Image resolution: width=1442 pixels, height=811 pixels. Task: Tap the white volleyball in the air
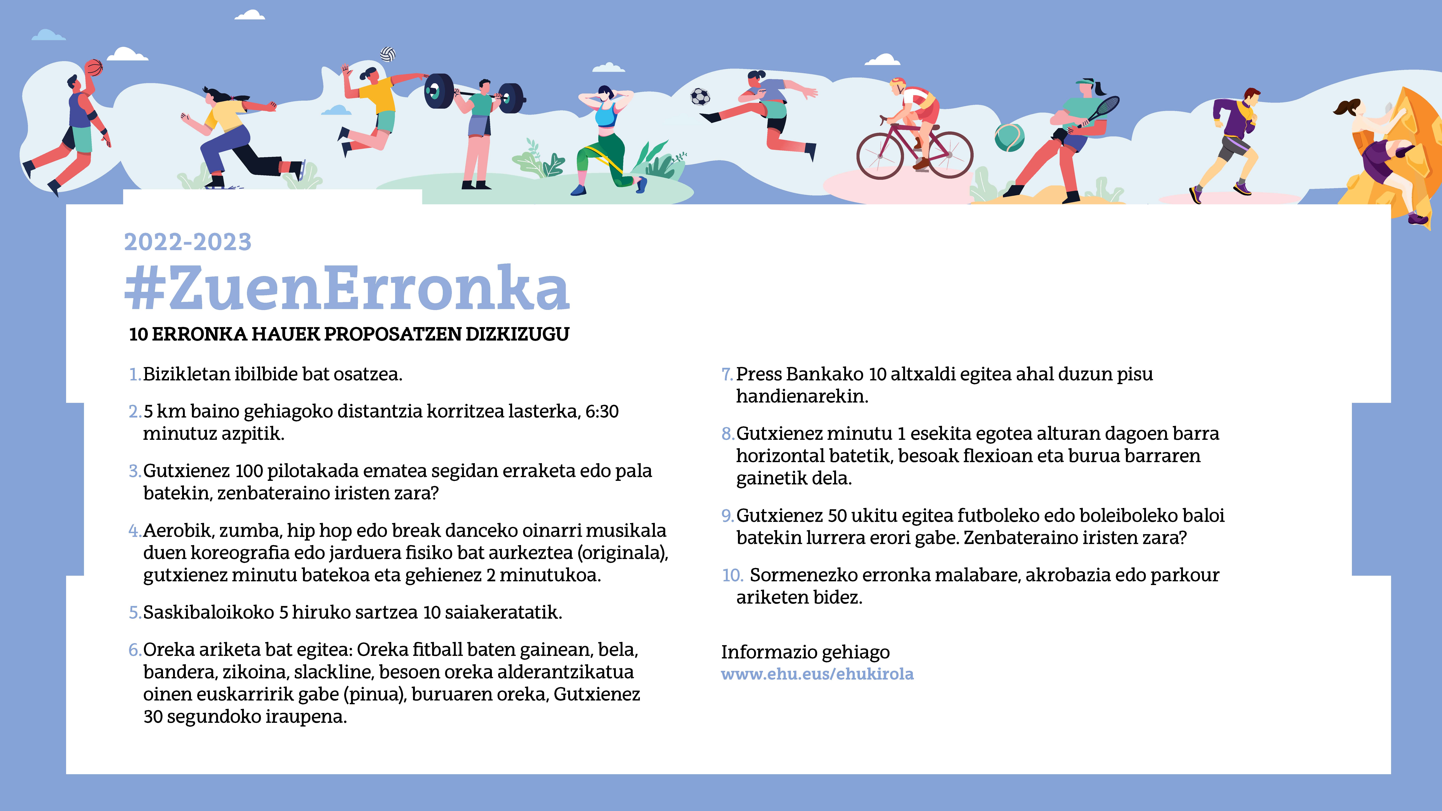click(x=388, y=54)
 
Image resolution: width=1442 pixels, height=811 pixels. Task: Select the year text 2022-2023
click(x=188, y=242)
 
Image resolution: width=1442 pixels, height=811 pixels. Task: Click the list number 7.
click(x=727, y=374)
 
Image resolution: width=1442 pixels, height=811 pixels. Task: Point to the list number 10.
click(x=732, y=575)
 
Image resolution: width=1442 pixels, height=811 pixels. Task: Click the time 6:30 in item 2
click(x=602, y=411)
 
